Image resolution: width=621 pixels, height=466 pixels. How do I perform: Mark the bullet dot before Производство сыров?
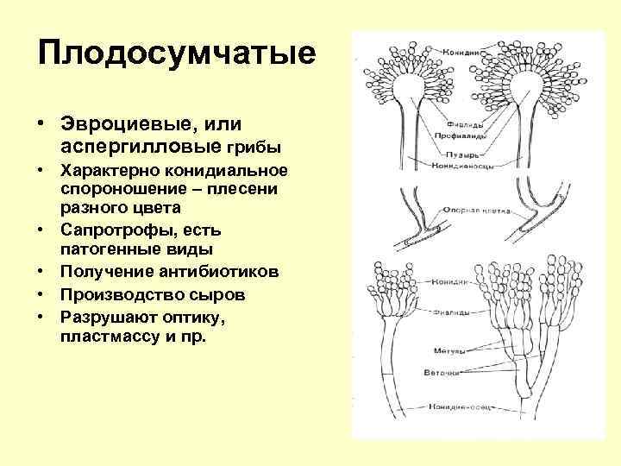tap(41, 295)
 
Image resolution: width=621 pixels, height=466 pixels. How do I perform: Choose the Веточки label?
tap(446, 373)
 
